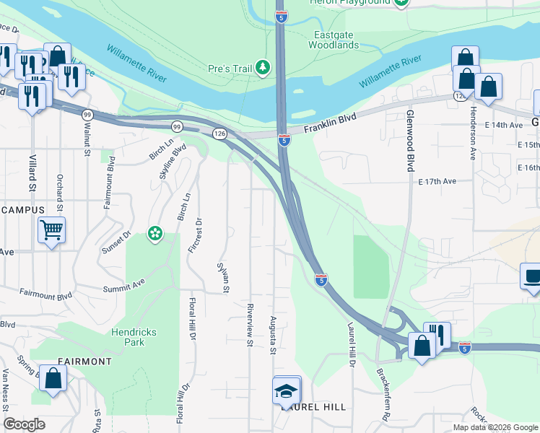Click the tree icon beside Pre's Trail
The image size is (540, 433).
point(264,69)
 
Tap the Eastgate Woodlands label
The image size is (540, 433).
point(334,40)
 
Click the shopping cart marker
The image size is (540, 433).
point(51,231)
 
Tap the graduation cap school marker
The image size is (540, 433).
point(287,391)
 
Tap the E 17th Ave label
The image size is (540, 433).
point(437,182)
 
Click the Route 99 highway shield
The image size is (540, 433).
point(87,115)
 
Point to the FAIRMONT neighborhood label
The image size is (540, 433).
point(71,361)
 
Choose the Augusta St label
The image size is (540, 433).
point(273,336)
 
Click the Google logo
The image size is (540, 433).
point(24,424)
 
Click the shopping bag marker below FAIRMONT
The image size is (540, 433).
point(53,379)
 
